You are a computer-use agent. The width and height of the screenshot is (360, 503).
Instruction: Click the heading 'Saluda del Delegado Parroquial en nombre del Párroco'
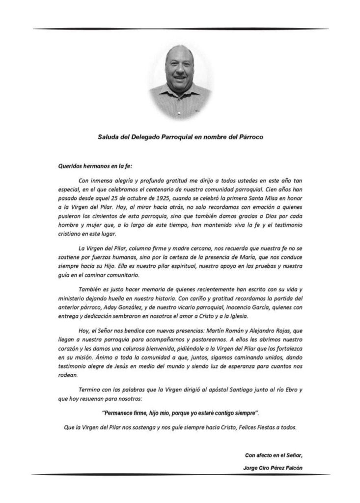click(x=180, y=137)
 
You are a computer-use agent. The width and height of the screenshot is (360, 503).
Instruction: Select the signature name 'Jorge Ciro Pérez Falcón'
click(x=273, y=468)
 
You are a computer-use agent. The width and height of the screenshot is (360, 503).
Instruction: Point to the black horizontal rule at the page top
click(x=180, y=28)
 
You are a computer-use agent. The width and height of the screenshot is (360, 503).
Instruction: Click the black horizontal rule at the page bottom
click(x=180, y=475)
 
